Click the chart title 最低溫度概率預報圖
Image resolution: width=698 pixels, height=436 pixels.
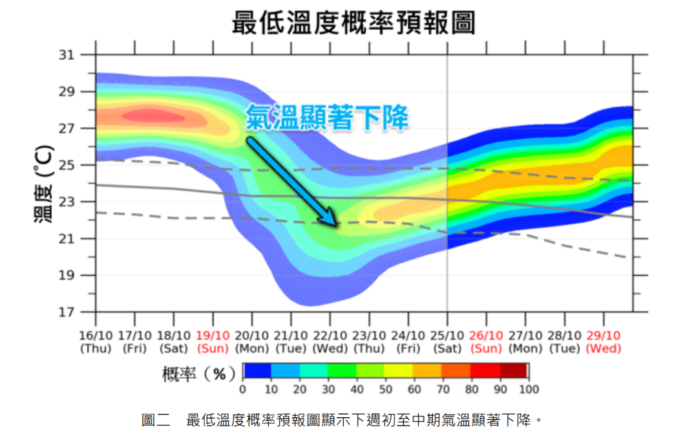(354, 23)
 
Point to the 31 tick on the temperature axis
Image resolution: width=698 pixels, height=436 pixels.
(67, 56)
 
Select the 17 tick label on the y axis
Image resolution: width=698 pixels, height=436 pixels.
(67, 312)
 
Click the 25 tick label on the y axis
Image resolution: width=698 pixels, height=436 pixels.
(67, 166)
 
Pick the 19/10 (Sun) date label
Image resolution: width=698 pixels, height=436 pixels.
(213, 342)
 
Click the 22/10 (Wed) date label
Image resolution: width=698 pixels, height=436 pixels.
(330, 342)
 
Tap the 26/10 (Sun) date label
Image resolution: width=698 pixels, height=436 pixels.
(486, 342)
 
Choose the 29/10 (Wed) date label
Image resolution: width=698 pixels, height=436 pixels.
(604, 342)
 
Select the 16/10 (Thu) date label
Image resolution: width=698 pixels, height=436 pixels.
(96, 342)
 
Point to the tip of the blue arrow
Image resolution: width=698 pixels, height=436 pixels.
(336, 225)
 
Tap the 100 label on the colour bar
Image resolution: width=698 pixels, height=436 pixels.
(529, 389)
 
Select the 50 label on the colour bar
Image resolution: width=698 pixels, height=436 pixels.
(385, 389)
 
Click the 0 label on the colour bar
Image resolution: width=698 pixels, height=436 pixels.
(243, 389)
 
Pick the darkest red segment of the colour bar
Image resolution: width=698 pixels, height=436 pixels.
(514, 371)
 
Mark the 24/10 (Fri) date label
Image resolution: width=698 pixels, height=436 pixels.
(408, 342)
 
